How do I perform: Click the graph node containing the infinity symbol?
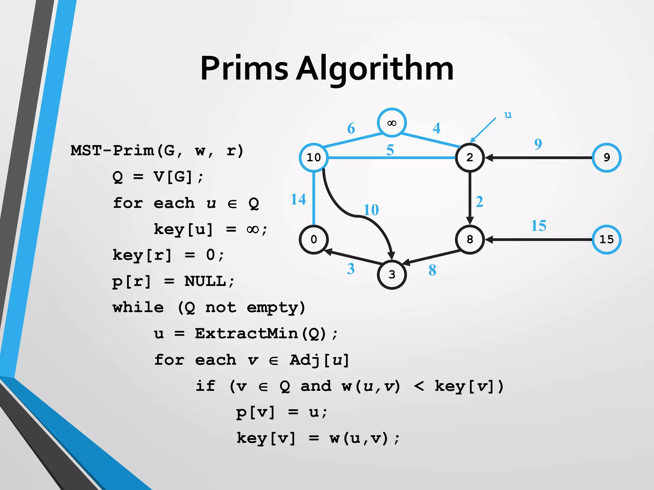tap(392, 123)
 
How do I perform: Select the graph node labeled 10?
tap(314, 158)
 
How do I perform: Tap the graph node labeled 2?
tap(469, 158)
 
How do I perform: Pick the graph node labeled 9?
tap(606, 158)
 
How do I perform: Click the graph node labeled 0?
tap(314, 239)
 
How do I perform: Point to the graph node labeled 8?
tap(469, 239)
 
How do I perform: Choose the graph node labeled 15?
tap(606, 239)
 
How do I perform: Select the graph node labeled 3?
tap(392, 274)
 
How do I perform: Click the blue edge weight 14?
tap(298, 199)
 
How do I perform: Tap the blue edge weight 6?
tap(351, 128)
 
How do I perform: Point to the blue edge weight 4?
tap(436, 128)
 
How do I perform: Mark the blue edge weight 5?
tap(390, 150)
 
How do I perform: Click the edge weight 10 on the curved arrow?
tap(371, 210)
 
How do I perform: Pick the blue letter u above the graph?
tap(508, 115)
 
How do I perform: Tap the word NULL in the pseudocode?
tap(205, 281)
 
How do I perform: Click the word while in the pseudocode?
tap(138, 308)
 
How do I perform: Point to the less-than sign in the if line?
tap(419, 386)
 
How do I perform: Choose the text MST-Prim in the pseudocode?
tap(112, 150)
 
